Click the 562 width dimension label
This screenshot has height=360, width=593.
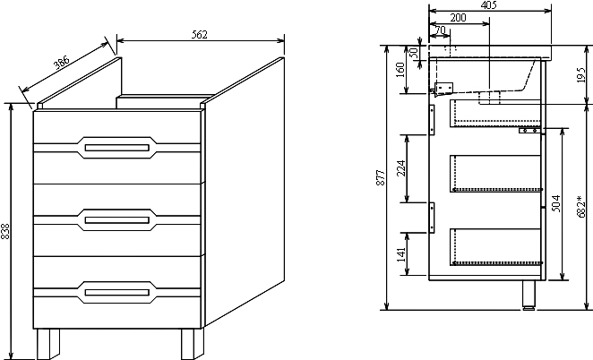tap(200, 35)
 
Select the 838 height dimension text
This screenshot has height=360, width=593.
tap(7, 231)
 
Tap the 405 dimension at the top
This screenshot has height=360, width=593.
tap(488, 5)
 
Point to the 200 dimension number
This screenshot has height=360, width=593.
tap(458, 18)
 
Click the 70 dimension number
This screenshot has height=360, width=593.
tap(439, 30)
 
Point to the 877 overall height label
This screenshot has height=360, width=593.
tap(381, 177)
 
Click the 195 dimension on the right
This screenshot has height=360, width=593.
tap(580, 78)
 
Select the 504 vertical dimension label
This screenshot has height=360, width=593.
tap(557, 203)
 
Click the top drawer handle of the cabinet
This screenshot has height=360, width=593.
tap(116, 147)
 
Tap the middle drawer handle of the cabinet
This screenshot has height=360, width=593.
tap(116, 218)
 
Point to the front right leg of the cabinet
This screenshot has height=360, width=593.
tap(190, 343)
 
